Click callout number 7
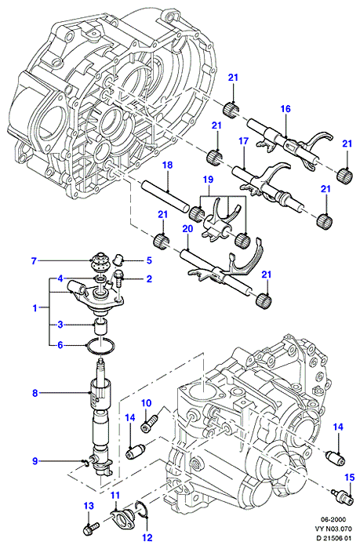34,261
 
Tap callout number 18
168,165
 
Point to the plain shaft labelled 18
165,196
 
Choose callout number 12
147,537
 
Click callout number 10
147,403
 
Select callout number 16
285,109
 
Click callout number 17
243,141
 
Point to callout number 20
187,229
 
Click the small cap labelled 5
118,260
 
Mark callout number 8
35,393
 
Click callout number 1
35,308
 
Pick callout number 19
208,180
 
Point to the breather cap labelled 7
100,262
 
